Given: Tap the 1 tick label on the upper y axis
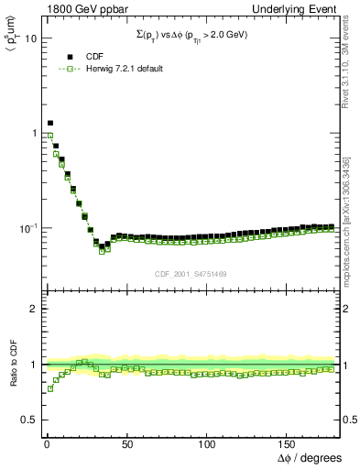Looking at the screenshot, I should (33, 134).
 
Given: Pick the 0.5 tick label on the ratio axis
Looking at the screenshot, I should (28, 420).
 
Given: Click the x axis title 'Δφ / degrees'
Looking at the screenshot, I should (310, 457).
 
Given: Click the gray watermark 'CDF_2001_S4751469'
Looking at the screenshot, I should (191, 272).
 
